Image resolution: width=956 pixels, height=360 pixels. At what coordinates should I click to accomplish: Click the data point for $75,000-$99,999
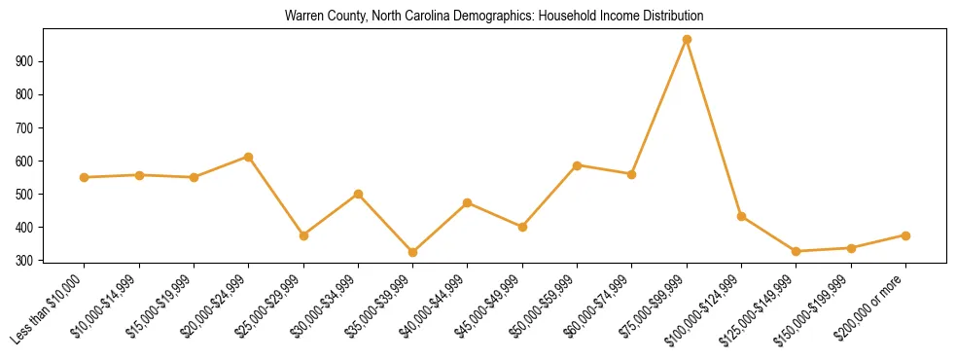coord(687,39)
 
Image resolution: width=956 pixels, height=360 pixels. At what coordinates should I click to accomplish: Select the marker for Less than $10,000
coord(85,177)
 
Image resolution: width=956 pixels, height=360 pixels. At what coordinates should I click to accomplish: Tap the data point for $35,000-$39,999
coord(413,252)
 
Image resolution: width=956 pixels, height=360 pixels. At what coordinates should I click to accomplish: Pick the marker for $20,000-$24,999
coord(249,157)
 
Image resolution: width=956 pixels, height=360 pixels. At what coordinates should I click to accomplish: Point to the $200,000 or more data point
coord(905,235)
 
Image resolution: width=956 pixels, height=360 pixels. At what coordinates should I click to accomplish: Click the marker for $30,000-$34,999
coord(359,194)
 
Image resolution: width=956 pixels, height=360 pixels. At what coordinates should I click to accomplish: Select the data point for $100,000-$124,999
coord(741,216)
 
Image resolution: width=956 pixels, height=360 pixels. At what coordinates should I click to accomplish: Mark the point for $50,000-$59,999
coord(578,165)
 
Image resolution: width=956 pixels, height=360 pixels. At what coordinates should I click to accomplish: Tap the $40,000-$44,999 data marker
coord(468,202)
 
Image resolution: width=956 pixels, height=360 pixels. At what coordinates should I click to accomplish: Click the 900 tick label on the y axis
coord(26,61)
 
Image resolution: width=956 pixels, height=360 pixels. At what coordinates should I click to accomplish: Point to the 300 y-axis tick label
coord(26,261)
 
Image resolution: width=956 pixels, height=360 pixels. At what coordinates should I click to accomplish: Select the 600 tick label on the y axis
coord(26,161)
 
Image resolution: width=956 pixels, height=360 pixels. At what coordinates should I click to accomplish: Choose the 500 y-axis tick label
coord(26,195)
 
